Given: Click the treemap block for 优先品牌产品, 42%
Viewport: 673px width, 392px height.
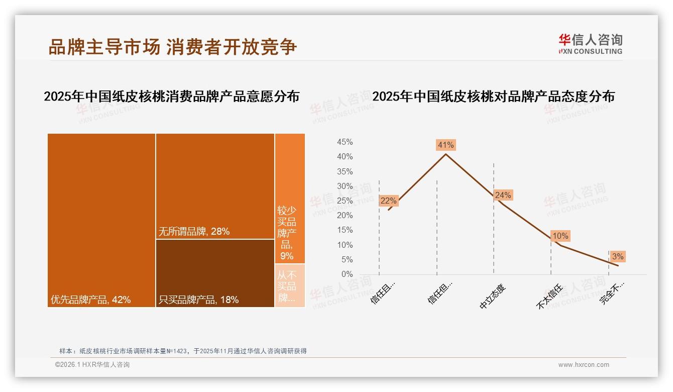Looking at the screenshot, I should coord(101,220).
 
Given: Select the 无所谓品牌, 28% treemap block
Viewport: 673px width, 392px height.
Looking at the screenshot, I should coord(215,186).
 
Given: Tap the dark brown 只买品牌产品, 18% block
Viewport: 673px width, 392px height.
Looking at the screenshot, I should coord(215,273).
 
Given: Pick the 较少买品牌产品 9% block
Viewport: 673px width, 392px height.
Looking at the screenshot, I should coord(290,199).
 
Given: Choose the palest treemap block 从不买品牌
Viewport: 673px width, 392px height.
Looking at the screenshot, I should coord(290,285).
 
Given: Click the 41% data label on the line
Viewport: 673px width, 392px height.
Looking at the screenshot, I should coord(445,145).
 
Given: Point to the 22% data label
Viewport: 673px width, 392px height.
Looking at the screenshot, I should coord(388,201).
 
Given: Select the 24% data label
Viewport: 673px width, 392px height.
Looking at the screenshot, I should coord(503,195).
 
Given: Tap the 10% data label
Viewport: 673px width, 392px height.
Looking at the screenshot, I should coord(560,236).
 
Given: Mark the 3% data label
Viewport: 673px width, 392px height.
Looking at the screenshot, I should coord(617,257).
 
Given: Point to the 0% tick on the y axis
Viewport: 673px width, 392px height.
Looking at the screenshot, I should coord(347,274).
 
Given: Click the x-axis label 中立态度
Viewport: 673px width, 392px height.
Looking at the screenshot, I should coord(493,297).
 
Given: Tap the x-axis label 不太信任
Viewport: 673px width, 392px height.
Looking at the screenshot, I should coord(550,297).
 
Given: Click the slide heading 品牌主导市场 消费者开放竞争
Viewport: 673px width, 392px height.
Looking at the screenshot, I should coord(173,47).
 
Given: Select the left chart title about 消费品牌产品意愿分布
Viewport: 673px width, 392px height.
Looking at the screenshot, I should coord(171,96).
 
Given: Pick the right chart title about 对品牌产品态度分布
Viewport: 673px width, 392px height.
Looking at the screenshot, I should coord(493,96).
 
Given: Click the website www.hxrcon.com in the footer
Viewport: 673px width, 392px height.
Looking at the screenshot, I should coord(584,365).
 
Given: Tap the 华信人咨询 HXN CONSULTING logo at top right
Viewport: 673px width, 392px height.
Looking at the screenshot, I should coord(590,44).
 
